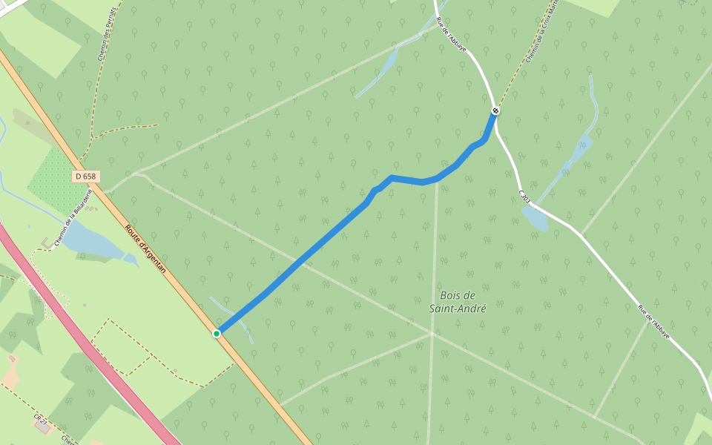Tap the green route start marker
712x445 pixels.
[217, 334]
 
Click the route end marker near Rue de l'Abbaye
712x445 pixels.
[495, 111]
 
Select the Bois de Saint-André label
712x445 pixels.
[458, 301]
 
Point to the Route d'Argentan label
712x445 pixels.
[145, 249]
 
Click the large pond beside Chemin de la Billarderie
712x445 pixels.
[92, 242]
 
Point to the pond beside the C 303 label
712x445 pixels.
[535, 218]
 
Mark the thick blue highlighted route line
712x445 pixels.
[311, 252]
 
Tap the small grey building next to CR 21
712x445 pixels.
[42, 427]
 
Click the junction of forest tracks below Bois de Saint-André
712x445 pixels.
[432, 334]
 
